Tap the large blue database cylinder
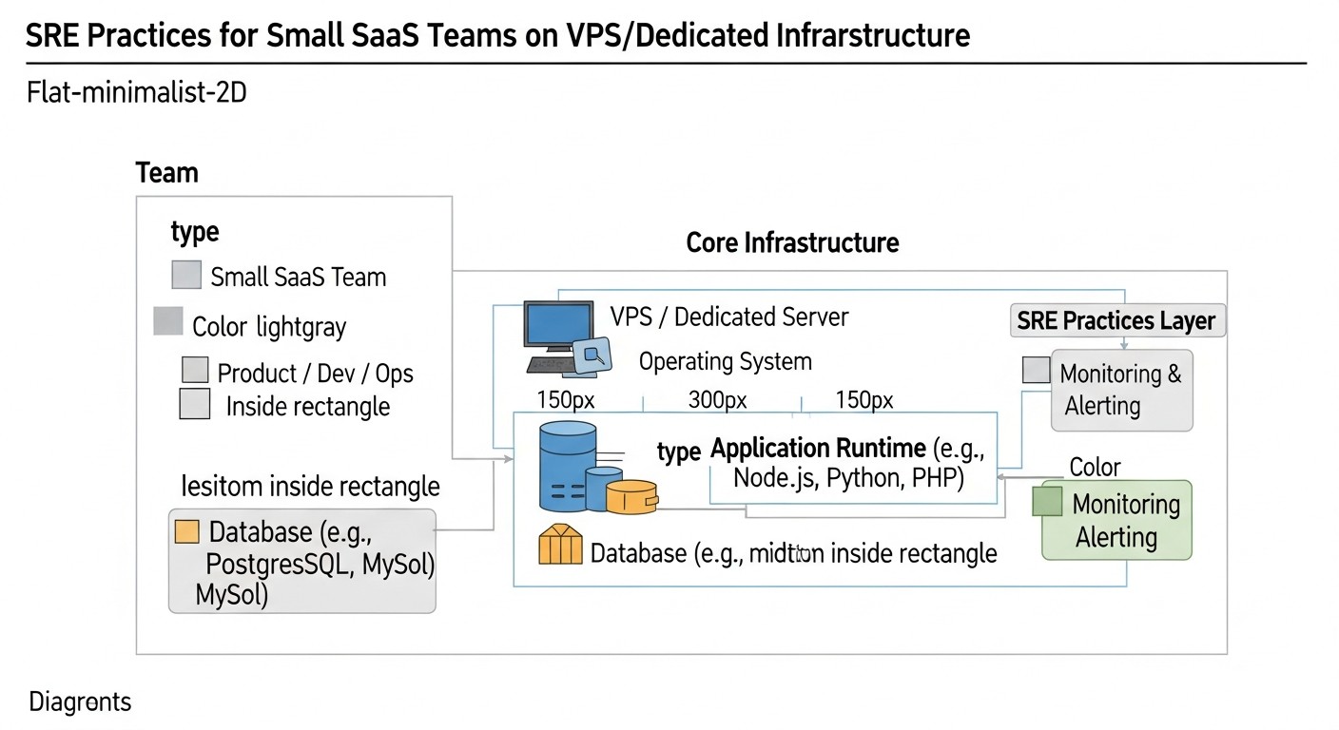click(568, 466)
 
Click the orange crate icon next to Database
click(559, 546)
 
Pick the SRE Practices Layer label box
click(1116, 320)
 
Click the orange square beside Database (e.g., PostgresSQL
click(187, 531)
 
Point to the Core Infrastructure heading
click(792, 242)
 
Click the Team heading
click(167, 173)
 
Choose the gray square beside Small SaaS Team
click(186, 275)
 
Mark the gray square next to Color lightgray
click(167, 321)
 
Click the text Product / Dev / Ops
click(315, 373)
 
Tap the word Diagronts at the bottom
click(80, 702)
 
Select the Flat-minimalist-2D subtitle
click(137, 93)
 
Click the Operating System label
click(725, 361)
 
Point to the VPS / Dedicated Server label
click(728, 317)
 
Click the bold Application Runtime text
click(818, 448)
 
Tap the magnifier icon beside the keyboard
click(593, 355)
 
